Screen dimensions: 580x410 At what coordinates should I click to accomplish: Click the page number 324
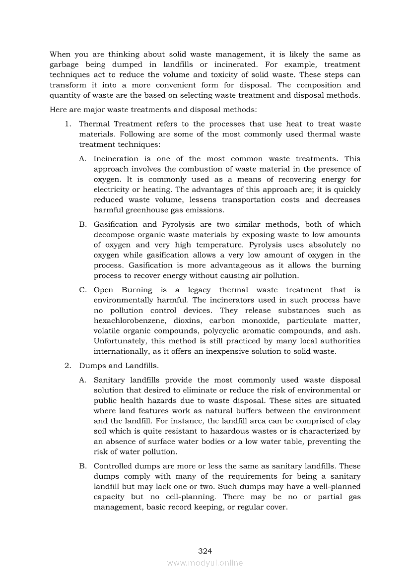(x=205, y=551)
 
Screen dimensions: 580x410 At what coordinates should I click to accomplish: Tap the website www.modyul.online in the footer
(x=205, y=563)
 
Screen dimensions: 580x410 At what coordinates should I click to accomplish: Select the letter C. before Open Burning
(x=83, y=290)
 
